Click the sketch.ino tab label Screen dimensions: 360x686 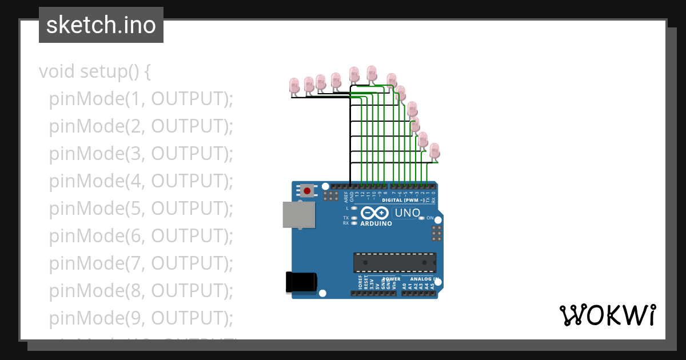[101, 25]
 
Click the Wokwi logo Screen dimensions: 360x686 [607, 315]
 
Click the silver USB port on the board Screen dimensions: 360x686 [298, 214]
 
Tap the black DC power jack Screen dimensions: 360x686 [300, 282]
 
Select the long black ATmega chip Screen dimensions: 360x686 [394, 262]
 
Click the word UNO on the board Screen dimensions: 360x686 [408, 214]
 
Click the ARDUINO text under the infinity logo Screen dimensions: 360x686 [376, 224]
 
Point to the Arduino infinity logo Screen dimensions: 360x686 [376, 214]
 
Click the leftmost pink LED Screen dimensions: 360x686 [294, 86]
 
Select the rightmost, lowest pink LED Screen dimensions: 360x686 [435, 151]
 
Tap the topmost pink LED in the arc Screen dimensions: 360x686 [372, 73]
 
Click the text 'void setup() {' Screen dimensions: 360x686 [95, 72]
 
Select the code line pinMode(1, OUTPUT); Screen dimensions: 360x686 [141, 99]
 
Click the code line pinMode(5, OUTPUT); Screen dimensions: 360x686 [141, 209]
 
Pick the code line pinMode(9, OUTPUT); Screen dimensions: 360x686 [141, 318]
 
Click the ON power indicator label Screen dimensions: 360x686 [430, 218]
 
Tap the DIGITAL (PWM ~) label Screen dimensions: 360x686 [403, 201]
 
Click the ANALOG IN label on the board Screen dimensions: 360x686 [424, 279]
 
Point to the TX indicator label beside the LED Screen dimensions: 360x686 [346, 218]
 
